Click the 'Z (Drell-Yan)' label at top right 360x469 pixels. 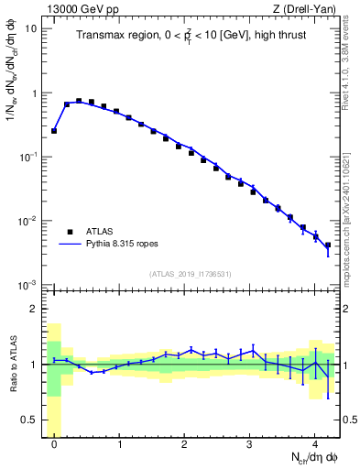tap(308, 8)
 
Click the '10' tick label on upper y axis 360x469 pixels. tap(31, 28)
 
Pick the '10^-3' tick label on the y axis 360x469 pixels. tap(27, 285)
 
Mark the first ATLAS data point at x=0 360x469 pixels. tap(54, 131)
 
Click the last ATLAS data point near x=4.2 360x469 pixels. tap(328, 245)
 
